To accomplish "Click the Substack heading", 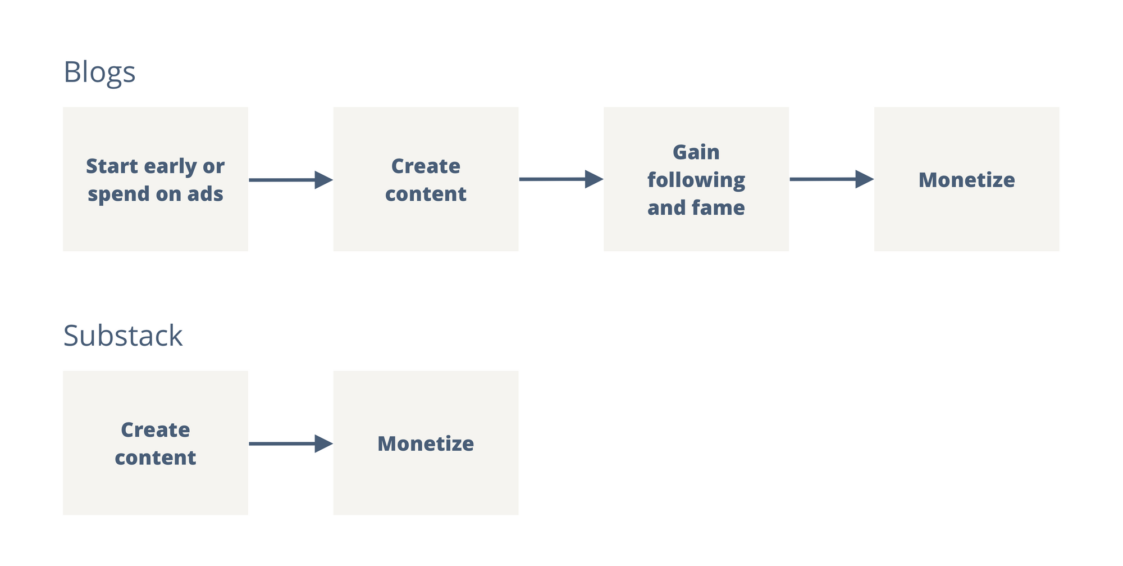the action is pos(123,336).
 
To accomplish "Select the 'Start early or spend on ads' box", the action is pos(156,179).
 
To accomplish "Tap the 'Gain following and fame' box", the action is pos(696,179).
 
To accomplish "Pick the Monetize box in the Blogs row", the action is pos(967,179).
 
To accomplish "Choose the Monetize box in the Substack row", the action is pos(426,443).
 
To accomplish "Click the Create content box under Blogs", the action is pos(426,179).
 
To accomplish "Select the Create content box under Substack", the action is pos(156,443).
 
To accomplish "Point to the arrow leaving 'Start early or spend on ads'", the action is pos(291,180).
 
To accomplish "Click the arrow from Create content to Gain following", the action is pos(561,179).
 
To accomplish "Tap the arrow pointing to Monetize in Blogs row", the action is pos(832,179).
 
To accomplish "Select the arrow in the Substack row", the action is pos(291,443).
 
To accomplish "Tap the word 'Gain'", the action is pos(696,152).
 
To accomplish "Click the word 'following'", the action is pos(696,180).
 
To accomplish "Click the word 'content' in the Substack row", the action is pos(156,458).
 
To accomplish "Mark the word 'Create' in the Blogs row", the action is pos(426,166).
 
